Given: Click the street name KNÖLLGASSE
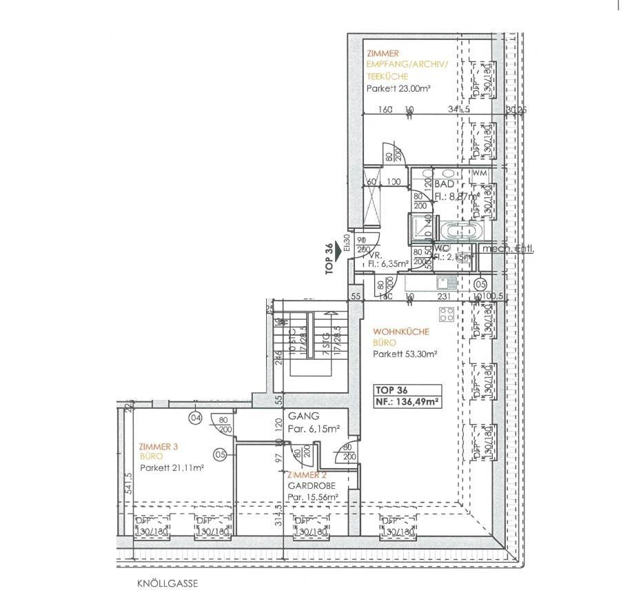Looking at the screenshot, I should [167, 583].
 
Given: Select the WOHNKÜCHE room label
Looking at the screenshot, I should [400, 332].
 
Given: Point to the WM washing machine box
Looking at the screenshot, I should [480, 172].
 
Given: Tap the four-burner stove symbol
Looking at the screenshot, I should [447, 313].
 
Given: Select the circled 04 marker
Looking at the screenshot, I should [195, 416].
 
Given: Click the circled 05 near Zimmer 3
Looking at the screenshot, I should [220, 454].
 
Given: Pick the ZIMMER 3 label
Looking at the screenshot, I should [159, 446].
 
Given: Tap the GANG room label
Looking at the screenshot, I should [303, 416].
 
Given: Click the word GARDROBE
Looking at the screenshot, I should [307, 485].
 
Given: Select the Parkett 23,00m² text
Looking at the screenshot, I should [398, 88].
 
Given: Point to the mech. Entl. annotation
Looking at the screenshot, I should [509, 249].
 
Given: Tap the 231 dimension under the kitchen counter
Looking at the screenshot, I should [445, 296].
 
